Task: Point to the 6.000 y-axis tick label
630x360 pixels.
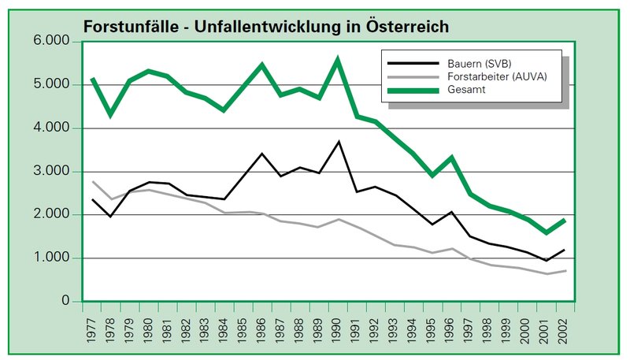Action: (50, 41)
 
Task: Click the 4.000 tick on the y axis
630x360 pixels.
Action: (50, 128)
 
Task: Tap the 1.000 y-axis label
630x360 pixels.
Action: (50, 258)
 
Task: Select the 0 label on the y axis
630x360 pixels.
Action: (66, 302)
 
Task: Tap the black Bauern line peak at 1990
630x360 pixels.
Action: (338, 142)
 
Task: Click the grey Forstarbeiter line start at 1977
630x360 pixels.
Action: (93, 181)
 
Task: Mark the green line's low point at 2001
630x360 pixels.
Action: (545, 232)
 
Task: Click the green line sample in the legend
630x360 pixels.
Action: (403, 90)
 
